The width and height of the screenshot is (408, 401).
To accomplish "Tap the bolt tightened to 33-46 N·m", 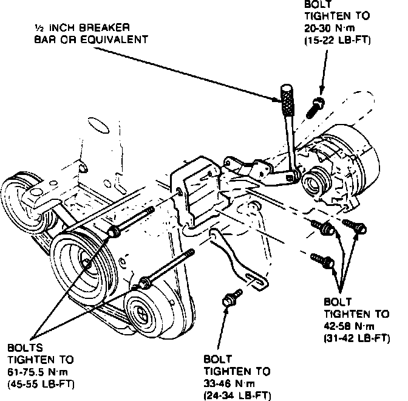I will tap(229, 298).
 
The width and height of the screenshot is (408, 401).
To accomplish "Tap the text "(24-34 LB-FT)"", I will tap(237, 395).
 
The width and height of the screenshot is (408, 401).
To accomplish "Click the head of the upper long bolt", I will tap(114, 231).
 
